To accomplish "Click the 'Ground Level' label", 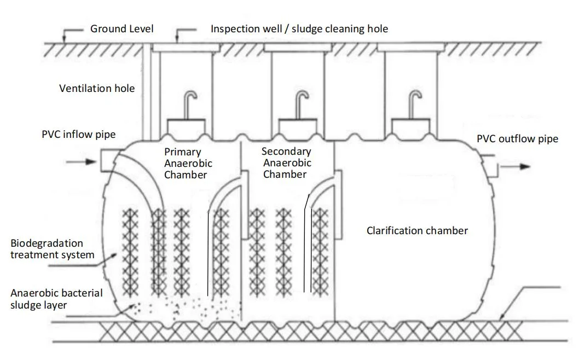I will (x=121, y=28).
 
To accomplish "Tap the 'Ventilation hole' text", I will (x=97, y=88).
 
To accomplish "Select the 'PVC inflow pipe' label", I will (x=78, y=134).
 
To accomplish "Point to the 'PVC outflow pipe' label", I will (x=517, y=139).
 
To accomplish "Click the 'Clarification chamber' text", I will (x=417, y=230).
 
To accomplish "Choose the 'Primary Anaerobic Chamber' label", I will (x=188, y=163).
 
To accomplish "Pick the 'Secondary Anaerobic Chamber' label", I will (x=286, y=162).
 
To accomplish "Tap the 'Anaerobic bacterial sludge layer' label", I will (x=56, y=299).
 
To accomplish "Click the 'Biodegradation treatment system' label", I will (x=53, y=249).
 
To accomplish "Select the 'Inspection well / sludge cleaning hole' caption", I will (x=299, y=28).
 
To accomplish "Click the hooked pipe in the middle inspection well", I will (x=300, y=103).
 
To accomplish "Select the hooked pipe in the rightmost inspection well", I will (x=414, y=103).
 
